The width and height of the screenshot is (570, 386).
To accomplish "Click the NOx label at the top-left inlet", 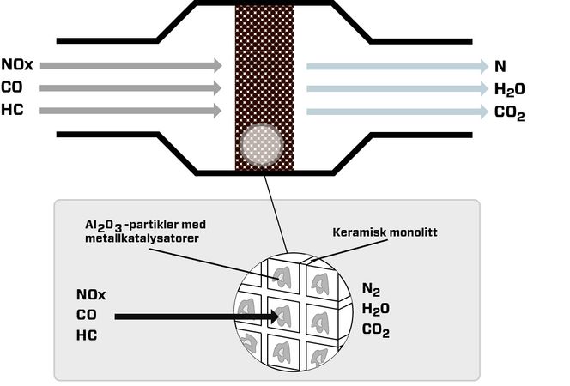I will point(17,65).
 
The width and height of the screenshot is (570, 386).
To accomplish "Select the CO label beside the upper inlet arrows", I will point(12,87).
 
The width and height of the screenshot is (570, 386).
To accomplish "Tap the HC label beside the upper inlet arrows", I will point(12,110).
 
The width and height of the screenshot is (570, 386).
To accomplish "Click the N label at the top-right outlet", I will point(499,65).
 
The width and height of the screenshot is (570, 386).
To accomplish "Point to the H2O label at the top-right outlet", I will point(509,88).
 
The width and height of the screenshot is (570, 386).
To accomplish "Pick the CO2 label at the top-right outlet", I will point(509,112).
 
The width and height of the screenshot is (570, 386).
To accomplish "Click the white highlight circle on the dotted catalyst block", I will point(259,146).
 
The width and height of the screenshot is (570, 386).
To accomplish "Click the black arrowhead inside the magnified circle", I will point(276,317).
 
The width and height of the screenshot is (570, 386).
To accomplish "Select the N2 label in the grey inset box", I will point(370,289).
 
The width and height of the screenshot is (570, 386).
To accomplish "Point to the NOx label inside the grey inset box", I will point(91,294).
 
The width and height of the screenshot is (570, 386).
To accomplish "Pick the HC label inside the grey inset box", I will point(86,335).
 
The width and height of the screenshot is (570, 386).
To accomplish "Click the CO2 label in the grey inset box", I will point(375,330).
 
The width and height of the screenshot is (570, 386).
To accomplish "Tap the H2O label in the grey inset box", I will point(375,310).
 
